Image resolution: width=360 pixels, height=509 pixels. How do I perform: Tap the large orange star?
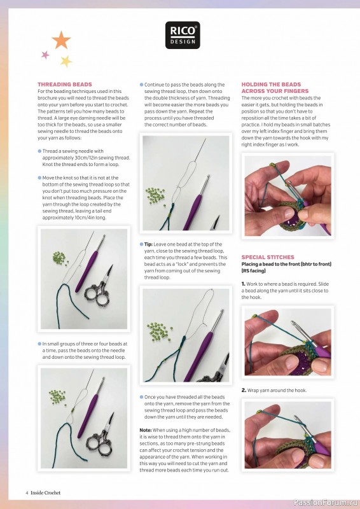tap(61, 41)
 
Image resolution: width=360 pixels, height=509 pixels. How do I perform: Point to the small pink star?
tap(45, 55)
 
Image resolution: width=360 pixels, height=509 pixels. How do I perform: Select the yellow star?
tap(66, 61)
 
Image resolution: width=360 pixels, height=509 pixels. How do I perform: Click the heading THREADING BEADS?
tap(65, 85)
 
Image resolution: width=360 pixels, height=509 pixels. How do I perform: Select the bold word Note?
tap(146, 430)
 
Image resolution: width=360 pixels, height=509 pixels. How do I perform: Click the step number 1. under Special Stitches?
tap(244, 283)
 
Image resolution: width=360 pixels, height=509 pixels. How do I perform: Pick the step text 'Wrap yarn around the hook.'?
tap(277, 390)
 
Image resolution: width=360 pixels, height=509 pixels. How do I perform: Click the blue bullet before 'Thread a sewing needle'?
tap(39, 151)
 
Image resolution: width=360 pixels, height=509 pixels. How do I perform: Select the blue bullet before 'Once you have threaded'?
tap(141, 397)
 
